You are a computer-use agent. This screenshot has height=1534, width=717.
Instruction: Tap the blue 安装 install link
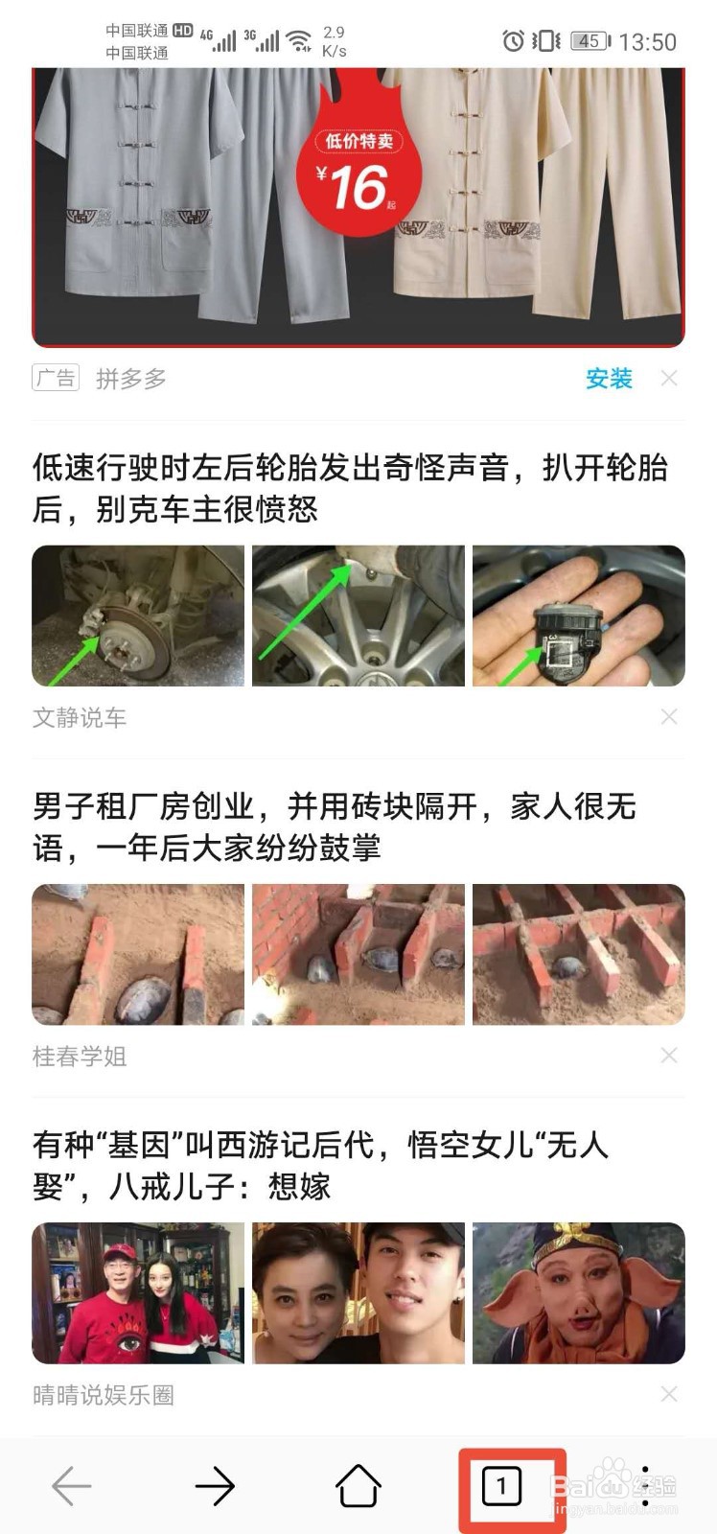point(609,379)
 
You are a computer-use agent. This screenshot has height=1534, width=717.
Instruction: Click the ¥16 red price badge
point(358,173)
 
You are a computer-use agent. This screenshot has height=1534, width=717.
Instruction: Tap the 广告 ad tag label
point(56,378)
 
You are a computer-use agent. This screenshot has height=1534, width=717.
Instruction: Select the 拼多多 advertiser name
point(131,379)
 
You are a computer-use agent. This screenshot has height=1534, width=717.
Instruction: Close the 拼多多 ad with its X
point(669,379)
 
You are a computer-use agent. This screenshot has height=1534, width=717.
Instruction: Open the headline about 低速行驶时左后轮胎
point(350,488)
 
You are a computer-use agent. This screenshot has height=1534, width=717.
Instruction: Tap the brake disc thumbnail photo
point(138,616)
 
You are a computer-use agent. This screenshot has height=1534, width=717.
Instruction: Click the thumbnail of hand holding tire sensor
point(578,616)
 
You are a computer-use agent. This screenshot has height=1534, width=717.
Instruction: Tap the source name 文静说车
point(80,717)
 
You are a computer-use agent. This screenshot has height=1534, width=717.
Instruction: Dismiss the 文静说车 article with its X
point(669,717)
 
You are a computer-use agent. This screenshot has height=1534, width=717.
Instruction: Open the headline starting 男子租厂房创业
point(334,826)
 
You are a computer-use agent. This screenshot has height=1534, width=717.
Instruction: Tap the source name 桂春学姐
point(80,1056)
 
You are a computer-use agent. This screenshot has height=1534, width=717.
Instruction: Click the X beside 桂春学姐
point(669,1056)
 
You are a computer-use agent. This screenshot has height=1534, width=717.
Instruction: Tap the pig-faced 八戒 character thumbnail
point(578,1292)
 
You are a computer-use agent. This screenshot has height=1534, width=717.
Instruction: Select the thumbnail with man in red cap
point(138,1292)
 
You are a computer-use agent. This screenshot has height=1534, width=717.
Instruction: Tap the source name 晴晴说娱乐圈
point(104,1394)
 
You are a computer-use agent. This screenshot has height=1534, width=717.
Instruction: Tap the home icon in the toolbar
point(358,1487)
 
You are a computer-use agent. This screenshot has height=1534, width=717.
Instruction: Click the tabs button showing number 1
point(501,1487)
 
